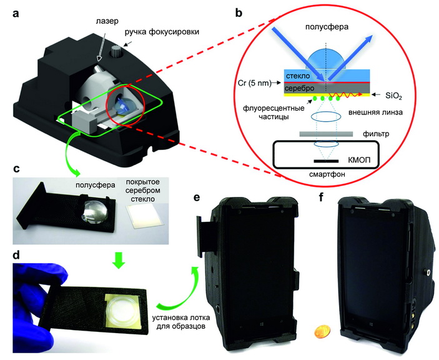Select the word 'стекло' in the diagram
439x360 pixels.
click(x=298, y=75)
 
